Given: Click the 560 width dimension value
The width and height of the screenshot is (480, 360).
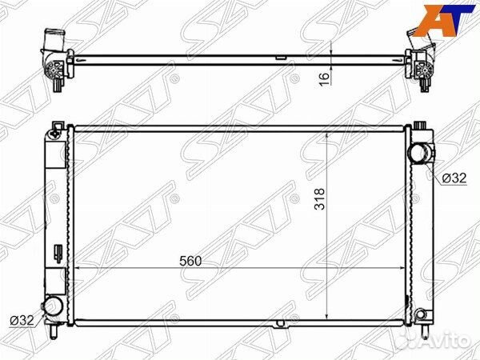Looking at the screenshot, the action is point(190,261).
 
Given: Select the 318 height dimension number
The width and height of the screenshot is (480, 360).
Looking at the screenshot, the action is point(319,198).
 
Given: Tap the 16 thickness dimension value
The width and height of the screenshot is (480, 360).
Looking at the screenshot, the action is point(325,79).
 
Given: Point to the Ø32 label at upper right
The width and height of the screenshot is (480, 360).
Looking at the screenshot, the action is point(454,178).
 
